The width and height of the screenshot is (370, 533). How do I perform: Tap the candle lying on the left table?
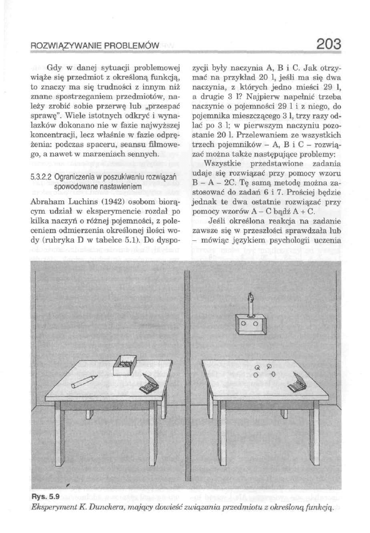(x=82, y=381)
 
